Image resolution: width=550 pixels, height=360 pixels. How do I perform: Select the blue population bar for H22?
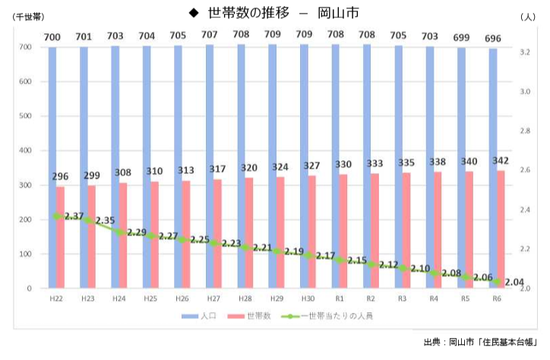[x=52, y=167]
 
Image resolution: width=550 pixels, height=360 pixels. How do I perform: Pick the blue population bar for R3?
[x=398, y=167]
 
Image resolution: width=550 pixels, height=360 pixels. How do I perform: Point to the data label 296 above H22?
[x=60, y=177]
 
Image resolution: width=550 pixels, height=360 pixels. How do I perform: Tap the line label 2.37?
[x=74, y=216]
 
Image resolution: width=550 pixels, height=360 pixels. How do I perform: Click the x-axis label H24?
[x=119, y=299]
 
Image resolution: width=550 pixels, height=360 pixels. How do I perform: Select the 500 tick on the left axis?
[x=25, y=116]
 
